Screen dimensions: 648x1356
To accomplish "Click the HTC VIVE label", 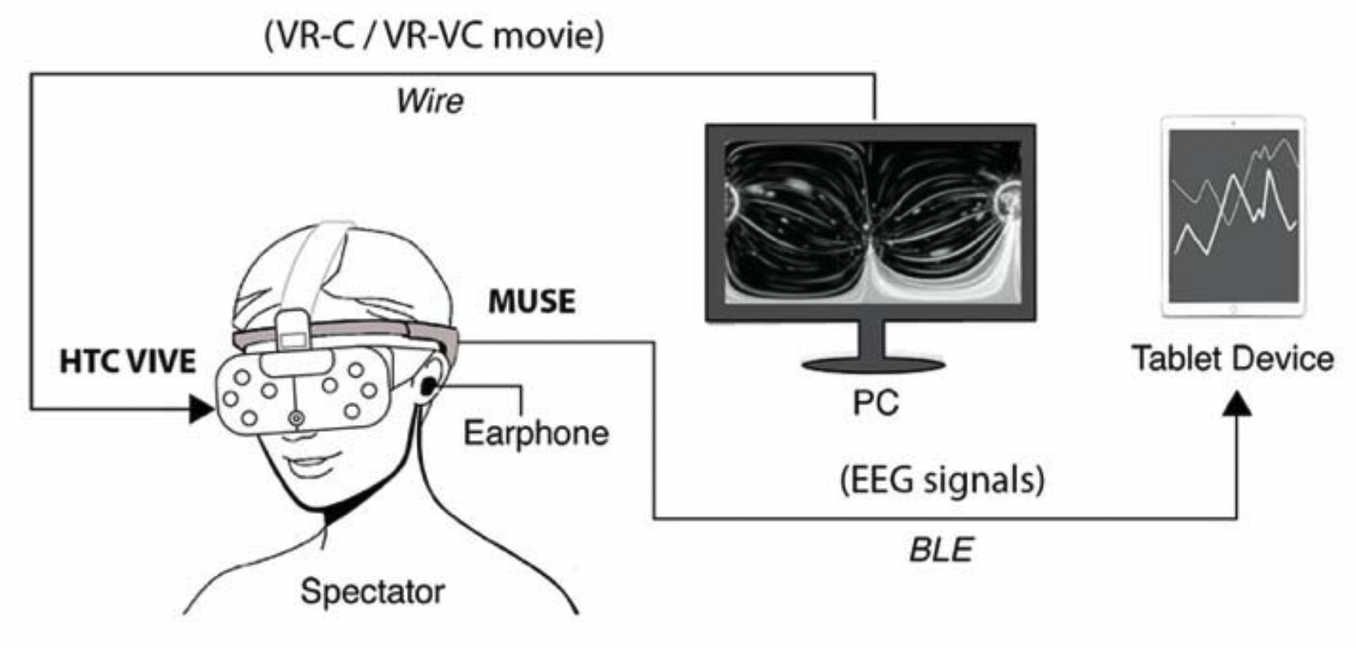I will point(127,362).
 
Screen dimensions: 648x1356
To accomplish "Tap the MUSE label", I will point(532,302).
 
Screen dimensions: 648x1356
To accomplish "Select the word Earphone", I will point(536,433).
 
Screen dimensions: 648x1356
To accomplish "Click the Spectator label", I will point(372,591).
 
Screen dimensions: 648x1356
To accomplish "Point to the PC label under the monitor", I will point(876,403).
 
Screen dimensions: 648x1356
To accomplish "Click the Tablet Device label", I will point(1232,359).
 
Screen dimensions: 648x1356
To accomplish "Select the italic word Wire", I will point(430,101).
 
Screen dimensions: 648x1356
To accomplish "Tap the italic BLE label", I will point(941,548).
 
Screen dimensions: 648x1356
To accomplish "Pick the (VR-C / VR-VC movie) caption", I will point(433,36).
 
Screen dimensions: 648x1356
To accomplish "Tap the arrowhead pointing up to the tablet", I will point(1237,403).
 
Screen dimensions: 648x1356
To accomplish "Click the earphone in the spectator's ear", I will point(429,386).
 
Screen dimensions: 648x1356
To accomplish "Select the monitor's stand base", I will point(873,364).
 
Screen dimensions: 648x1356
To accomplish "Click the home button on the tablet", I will point(1233,309).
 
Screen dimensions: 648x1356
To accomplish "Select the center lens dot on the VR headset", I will point(296,419).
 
